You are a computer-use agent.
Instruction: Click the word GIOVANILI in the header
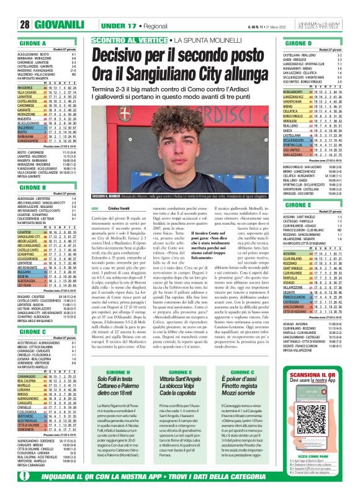click(57, 24)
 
